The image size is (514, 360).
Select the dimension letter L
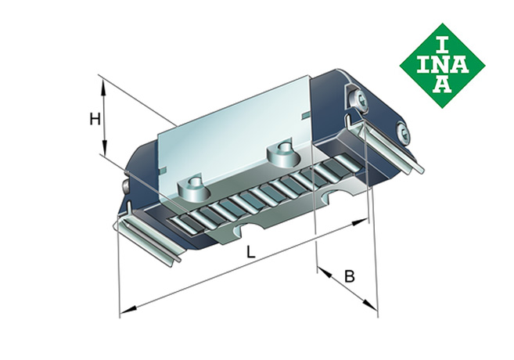point(249,253)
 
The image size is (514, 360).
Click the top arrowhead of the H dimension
point(102,79)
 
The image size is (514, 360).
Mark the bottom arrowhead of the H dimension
point(102,154)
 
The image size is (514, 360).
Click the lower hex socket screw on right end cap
point(402,131)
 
